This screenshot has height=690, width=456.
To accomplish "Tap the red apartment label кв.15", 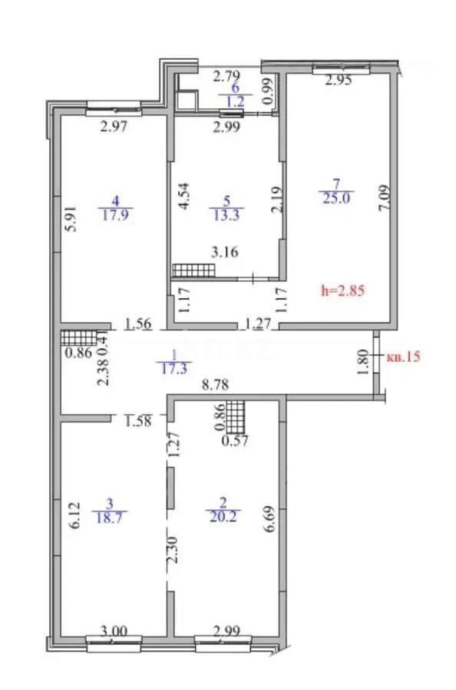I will point(403,356).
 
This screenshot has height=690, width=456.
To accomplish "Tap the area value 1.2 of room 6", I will point(230,99).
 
